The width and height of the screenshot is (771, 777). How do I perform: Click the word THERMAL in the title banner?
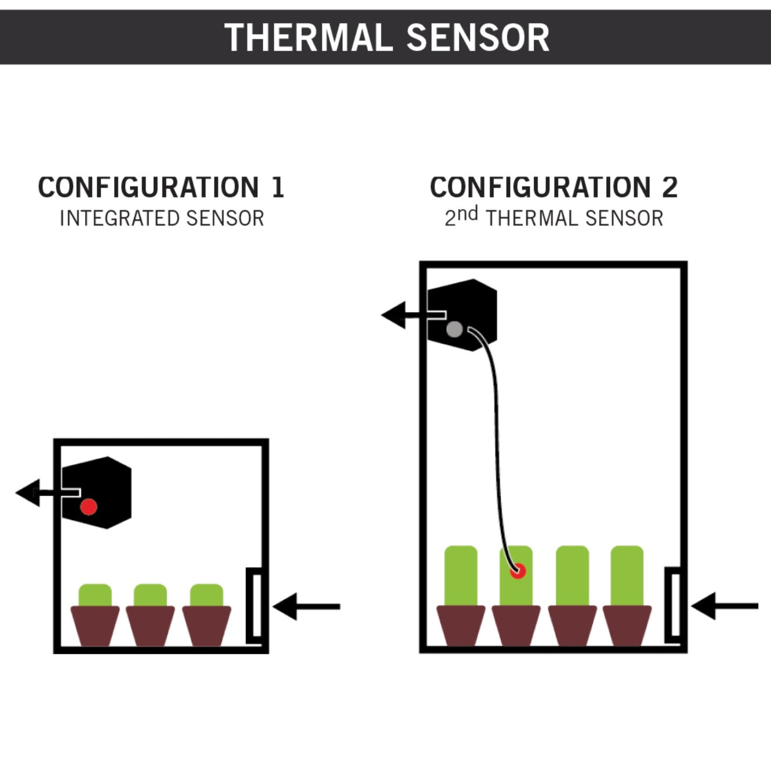point(308,38)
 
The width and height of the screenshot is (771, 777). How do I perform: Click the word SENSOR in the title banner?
point(478,38)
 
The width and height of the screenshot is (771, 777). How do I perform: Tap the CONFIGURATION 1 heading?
point(161,188)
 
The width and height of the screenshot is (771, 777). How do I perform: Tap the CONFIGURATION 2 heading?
point(554,188)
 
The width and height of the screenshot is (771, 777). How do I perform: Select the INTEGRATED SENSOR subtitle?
point(162,218)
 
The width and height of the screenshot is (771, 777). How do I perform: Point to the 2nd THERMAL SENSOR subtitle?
point(554,218)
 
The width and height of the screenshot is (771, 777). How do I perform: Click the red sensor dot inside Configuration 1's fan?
point(89,507)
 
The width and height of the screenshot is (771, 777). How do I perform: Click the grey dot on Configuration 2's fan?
point(454,330)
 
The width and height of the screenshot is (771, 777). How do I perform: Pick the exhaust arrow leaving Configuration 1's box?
point(35,493)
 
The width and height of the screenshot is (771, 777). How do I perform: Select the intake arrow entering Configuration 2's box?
point(724,606)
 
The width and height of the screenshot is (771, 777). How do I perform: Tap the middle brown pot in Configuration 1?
point(151,626)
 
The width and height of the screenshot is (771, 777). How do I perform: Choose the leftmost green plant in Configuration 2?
point(461,575)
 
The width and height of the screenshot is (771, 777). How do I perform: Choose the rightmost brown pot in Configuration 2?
point(627,626)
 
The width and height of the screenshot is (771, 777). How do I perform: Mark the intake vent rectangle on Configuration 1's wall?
point(254,605)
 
